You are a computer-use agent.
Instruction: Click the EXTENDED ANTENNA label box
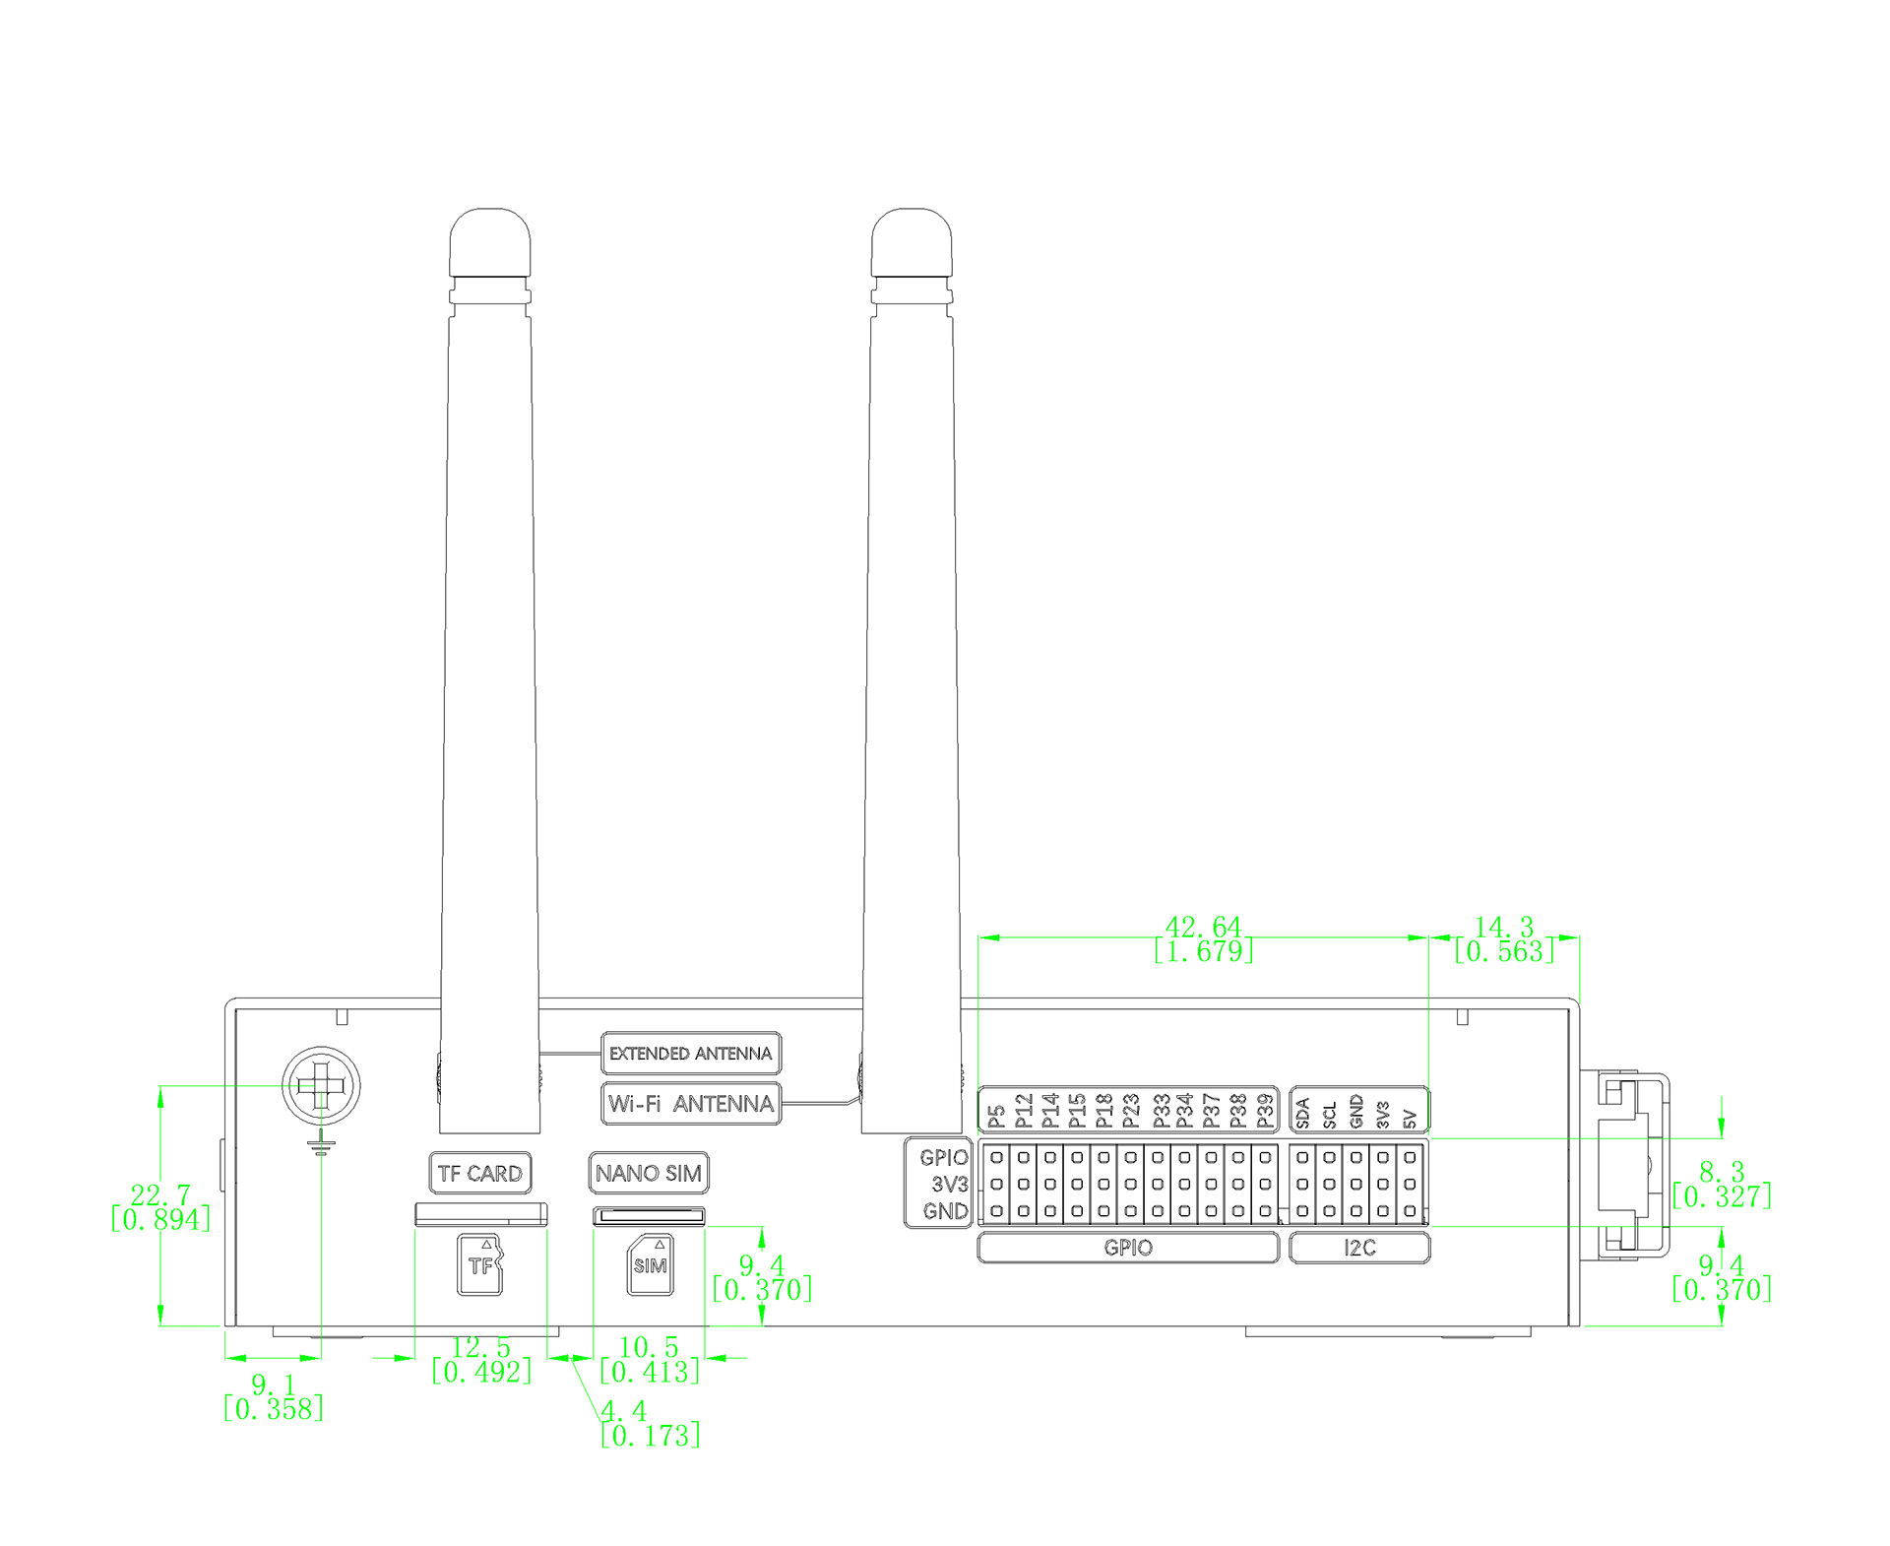point(690,1053)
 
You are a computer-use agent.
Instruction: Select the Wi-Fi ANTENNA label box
point(690,1103)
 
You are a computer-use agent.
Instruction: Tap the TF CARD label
point(480,1173)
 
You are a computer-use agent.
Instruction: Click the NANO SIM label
point(648,1173)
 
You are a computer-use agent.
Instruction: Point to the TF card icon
point(479,1264)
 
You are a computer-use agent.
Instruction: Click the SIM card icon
point(651,1264)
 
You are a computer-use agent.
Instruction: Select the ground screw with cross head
point(321,1086)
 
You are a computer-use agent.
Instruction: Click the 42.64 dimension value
point(1203,927)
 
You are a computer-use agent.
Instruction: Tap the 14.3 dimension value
point(1503,927)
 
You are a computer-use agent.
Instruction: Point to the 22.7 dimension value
point(160,1195)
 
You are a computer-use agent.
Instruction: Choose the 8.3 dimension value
point(1722,1172)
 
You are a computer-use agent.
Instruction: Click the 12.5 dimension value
point(481,1347)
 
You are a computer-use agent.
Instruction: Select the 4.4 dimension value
point(624,1411)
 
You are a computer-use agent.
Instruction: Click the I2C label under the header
point(1359,1248)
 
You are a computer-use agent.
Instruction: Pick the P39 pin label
point(1265,1111)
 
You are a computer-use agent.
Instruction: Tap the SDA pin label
point(1302,1113)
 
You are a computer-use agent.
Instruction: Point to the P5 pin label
point(996,1116)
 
